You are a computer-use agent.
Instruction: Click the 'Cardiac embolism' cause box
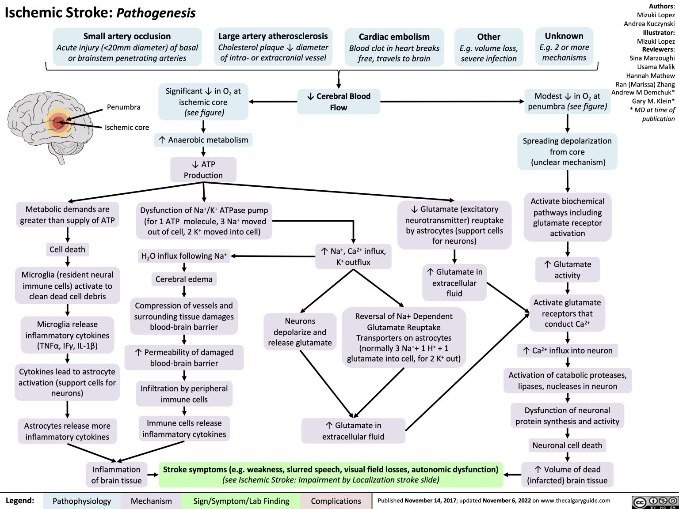(x=394, y=48)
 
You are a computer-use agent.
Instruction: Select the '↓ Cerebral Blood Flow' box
(x=339, y=102)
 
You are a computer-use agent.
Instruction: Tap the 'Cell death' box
(x=67, y=249)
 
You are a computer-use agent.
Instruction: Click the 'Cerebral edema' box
(x=184, y=279)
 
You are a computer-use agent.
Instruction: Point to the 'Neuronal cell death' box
(x=567, y=445)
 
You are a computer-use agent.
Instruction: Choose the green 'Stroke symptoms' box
(x=331, y=475)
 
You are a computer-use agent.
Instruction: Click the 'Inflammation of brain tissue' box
(x=116, y=475)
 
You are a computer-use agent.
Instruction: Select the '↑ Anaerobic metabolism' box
(x=204, y=140)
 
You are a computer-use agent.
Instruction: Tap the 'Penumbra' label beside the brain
(x=123, y=107)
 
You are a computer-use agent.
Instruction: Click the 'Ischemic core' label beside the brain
(x=127, y=127)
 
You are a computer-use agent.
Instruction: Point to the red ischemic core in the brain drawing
(x=58, y=123)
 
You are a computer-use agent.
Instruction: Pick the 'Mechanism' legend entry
(x=151, y=501)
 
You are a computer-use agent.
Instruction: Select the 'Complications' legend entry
(x=336, y=501)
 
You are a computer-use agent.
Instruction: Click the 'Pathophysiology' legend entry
(x=82, y=501)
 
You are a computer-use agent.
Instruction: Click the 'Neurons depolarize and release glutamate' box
(x=300, y=332)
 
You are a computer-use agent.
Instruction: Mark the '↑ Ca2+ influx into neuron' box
(x=568, y=351)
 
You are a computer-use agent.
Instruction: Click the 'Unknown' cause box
(x=564, y=46)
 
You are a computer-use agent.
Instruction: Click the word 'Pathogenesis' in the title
(x=156, y=13)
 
